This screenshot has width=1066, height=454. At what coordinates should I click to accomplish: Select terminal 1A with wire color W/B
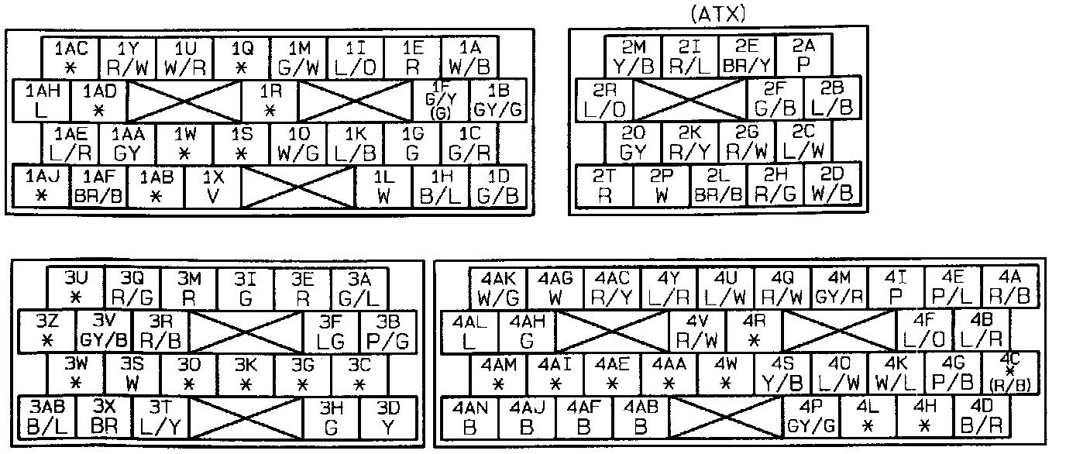[x=469, y=57]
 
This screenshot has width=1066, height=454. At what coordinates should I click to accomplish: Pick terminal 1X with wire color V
[x=212, y=187]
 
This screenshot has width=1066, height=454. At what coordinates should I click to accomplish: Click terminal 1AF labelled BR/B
[x=98, y=187]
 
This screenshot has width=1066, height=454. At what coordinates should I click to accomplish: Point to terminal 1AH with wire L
[x=42, y=100]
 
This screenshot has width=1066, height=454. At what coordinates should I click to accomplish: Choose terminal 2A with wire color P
[x=803, y=55]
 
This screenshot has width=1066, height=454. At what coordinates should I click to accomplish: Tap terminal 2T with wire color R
[x=604, y=186]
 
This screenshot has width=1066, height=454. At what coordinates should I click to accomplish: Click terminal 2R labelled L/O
[x=604, y=99]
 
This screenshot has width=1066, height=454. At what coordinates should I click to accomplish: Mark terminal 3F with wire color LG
[x=332, y=331]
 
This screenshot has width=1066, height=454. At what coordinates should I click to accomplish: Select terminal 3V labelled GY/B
[x=104, y=331]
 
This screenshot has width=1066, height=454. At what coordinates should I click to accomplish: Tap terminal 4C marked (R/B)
[x=1009, y=373]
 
